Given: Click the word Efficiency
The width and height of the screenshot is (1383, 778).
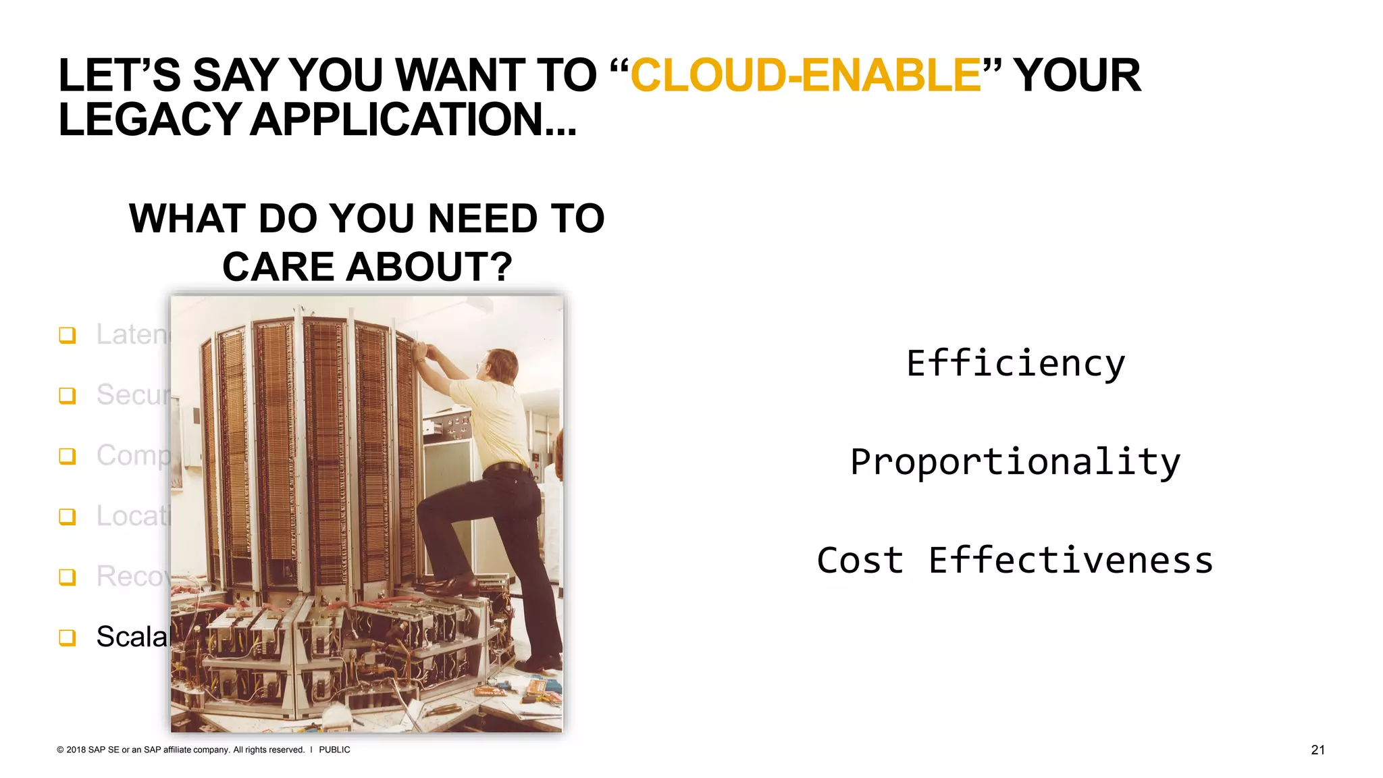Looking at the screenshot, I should [1016, 363].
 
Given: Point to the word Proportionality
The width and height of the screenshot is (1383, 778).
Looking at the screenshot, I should [1015, 463].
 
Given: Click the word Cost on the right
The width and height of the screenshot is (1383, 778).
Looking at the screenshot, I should [860, 561].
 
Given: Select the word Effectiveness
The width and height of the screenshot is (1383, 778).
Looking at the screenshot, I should [1070, 561].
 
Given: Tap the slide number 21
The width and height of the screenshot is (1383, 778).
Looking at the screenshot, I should [1317, 750].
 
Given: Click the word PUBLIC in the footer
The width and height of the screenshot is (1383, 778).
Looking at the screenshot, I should [334, 750].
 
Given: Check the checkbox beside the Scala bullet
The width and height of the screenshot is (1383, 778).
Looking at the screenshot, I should [68, 638].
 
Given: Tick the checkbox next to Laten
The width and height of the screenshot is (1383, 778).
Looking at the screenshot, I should [68, 335].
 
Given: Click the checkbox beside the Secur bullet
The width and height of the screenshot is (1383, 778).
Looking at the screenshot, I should [68, 395].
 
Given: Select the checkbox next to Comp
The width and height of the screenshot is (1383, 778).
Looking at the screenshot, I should [68, 456].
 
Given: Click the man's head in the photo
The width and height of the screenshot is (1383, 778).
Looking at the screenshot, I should [500, 365].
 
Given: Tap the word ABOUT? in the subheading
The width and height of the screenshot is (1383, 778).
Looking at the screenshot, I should [429, 267].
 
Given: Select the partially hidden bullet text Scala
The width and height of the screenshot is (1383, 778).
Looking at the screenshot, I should [132, 637].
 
